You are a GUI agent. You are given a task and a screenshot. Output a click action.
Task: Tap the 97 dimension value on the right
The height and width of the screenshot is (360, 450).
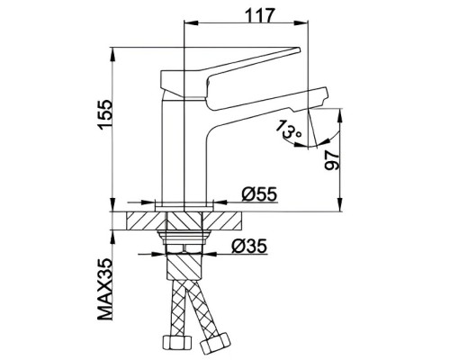359,161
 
